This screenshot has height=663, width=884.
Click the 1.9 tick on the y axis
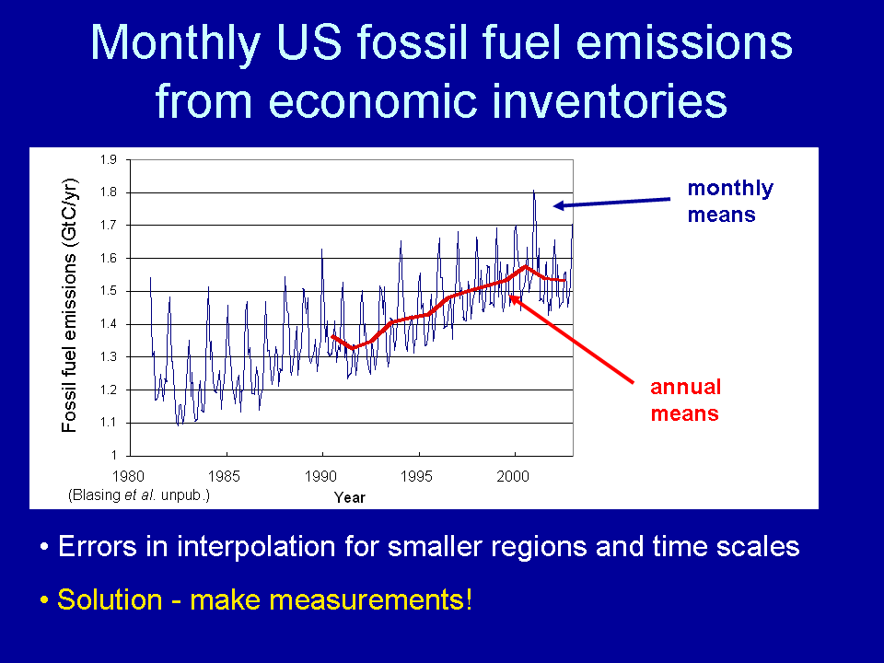pos(109,159)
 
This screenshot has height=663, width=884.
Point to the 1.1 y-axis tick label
pos(109,423)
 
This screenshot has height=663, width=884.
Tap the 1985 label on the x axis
pos(224,476)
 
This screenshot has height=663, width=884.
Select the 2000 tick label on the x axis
pos(513,476)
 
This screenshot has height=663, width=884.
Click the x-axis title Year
pos(350,497)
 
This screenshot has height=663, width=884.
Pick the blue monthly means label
pos(730,201)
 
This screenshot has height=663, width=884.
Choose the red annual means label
pos(685,400)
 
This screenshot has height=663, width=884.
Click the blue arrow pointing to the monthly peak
pos(611,203)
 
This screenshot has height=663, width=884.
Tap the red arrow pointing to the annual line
pos(571,340)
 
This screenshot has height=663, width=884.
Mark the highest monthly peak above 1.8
pos(534,192)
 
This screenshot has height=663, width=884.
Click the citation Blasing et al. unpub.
pos(139,495)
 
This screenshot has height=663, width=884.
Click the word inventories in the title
pos(610,101)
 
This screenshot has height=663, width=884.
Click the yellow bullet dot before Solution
pos(44,599)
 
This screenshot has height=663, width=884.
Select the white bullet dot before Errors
pos(44,547)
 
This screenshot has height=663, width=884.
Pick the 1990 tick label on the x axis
pos(320,476)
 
